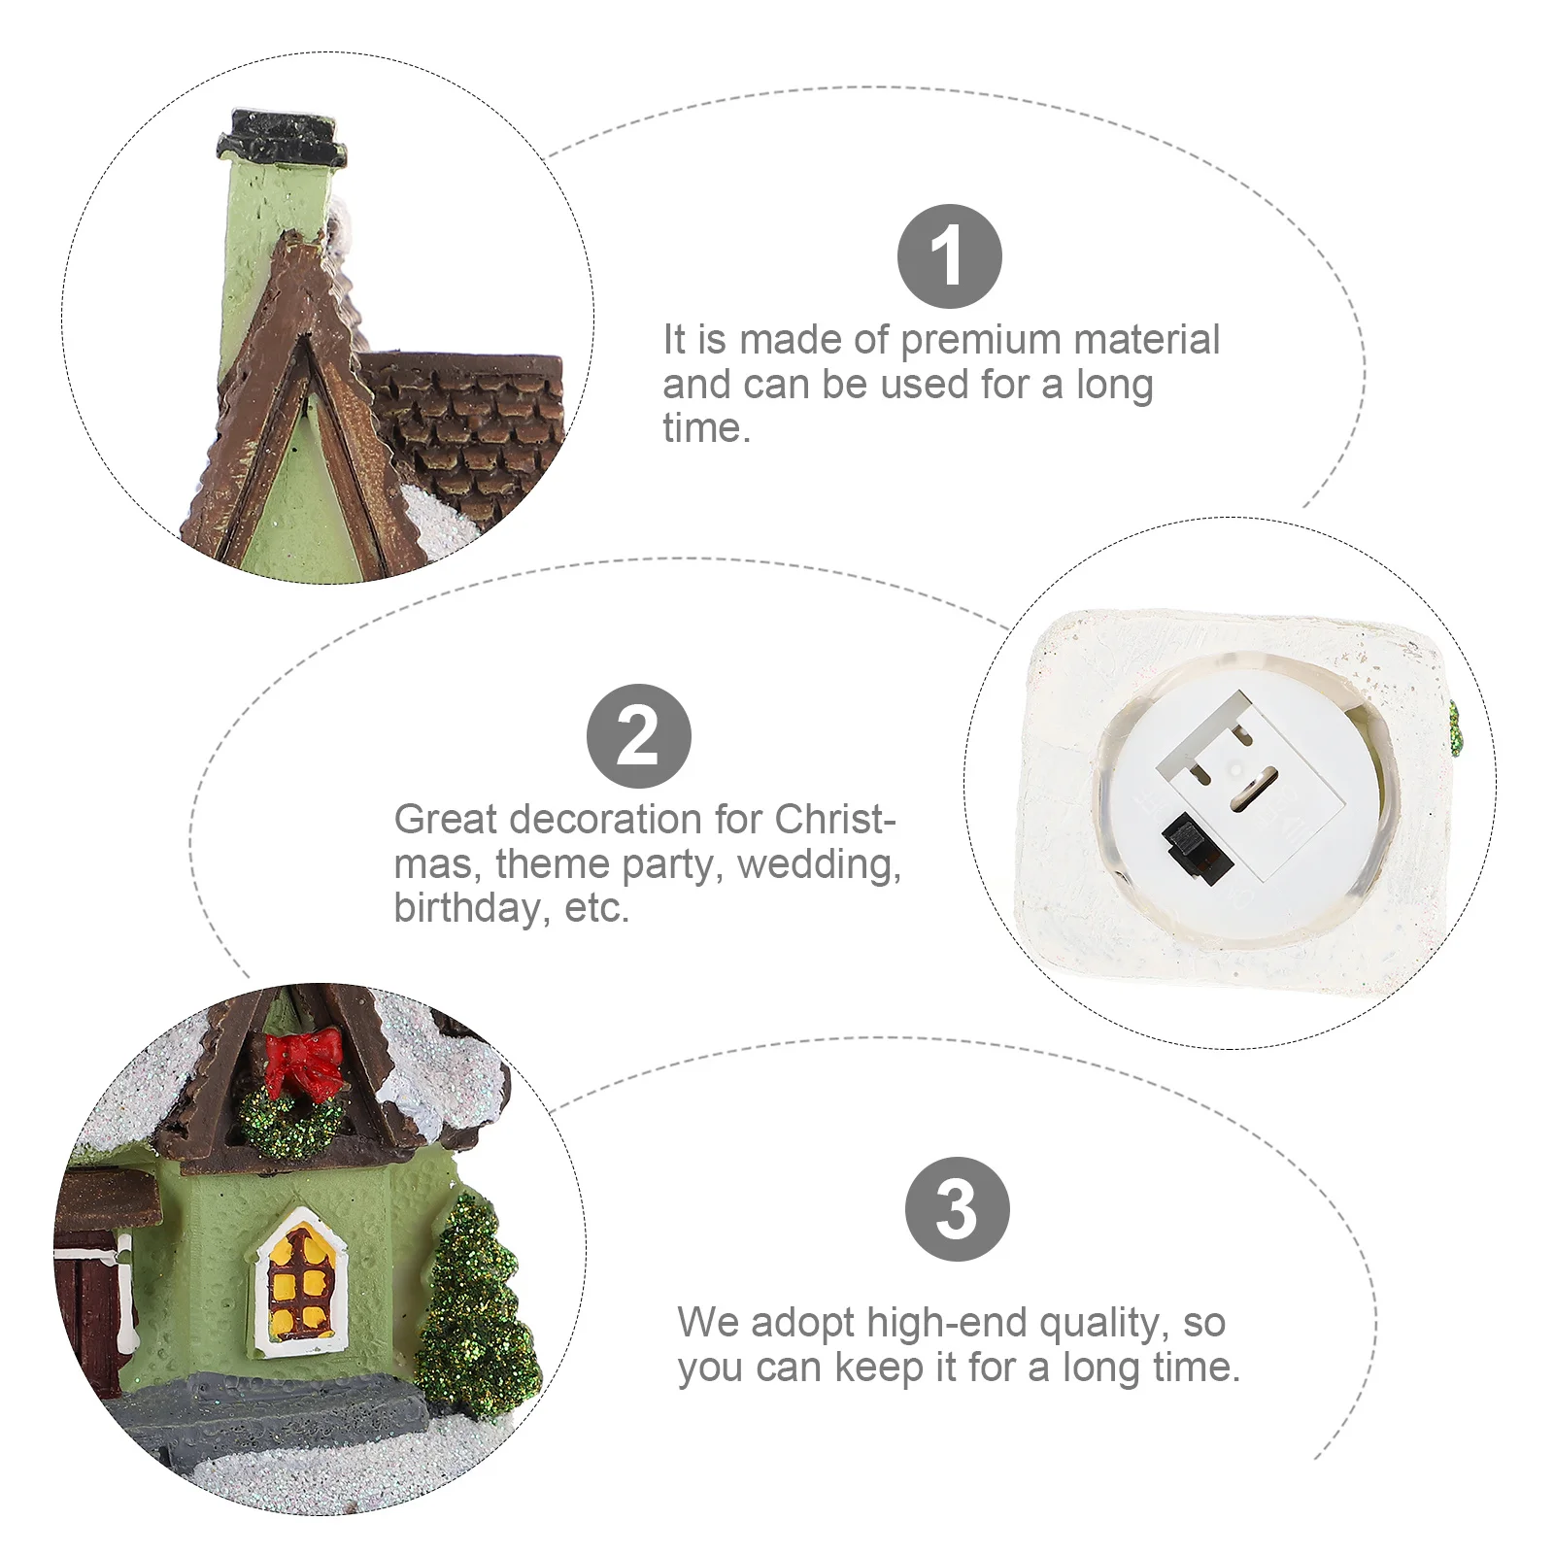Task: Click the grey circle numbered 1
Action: pos(949,256)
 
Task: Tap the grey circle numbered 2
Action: pos(638,736)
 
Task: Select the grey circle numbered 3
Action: pos(957,1209)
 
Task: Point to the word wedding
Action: pos(819,863)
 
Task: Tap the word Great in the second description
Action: pos(446,820)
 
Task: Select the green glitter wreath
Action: pos(291,1117)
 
